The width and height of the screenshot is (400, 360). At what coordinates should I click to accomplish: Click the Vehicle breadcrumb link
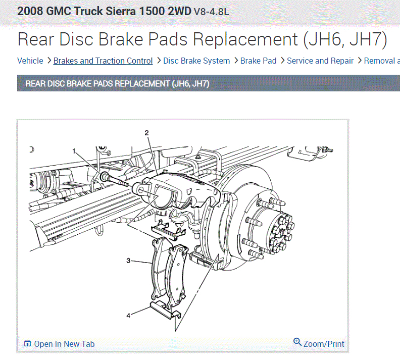click(x=30, y=61)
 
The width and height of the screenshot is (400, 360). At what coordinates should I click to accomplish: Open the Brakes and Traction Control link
click(x=103, y=61)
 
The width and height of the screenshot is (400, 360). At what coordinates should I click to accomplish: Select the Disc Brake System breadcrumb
click(x=196, y=61)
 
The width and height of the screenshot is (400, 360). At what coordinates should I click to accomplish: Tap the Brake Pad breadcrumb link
click(x=259, y=61)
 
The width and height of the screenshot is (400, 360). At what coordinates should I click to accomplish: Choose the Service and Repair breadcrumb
click(x=320, y=61)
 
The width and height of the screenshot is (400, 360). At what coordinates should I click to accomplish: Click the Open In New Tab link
click(x=64, y=344)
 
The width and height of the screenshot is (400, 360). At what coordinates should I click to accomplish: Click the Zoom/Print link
click(x=324, y=344)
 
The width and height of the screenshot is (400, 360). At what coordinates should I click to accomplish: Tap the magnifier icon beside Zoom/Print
click(x=297, y=342)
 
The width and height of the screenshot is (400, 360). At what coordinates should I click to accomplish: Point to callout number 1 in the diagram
click(x=74, y=151)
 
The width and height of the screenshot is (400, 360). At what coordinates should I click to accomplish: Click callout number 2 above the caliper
click(x=146, y=133)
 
